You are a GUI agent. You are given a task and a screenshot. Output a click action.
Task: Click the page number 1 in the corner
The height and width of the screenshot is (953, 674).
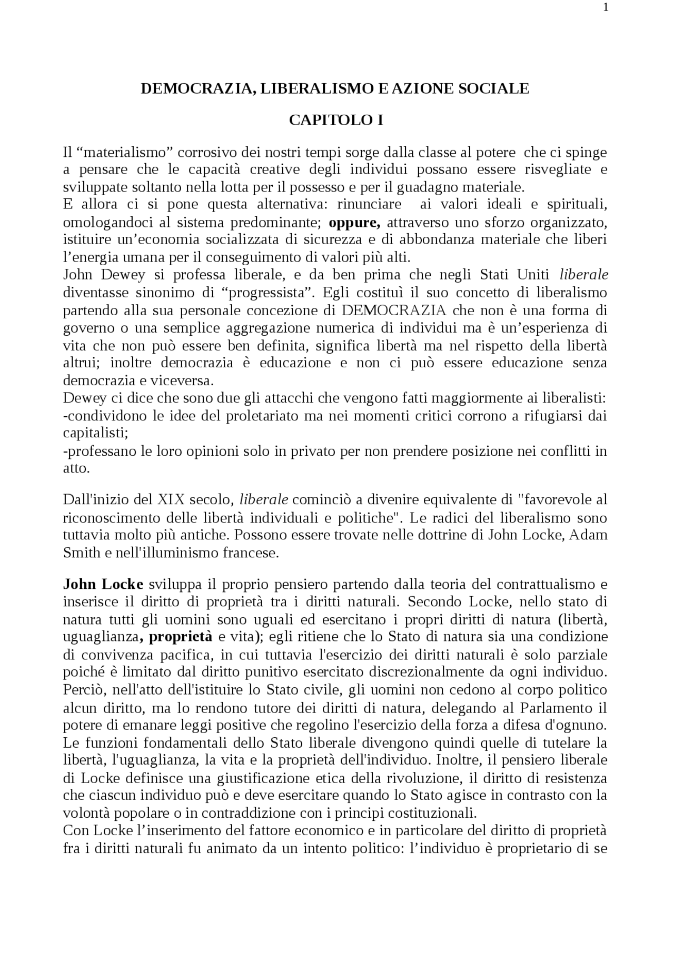(606, 7)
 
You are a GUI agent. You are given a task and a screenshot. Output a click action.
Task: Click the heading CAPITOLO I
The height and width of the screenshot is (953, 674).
(335, 121)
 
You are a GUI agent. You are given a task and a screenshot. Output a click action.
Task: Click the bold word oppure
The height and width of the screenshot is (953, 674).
(354, 222)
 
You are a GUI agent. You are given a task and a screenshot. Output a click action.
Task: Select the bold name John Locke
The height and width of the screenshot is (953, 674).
(103, 585)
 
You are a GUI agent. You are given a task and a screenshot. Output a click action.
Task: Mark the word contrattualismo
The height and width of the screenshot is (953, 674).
(548, 585)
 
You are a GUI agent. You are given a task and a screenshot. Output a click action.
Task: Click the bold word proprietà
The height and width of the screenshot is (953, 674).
(181, 637)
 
